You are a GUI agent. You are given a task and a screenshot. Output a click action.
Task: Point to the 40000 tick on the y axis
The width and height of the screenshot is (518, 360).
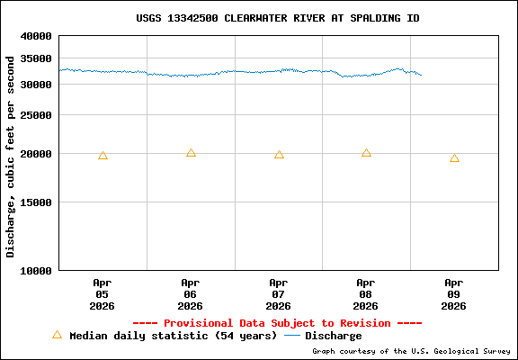click(x=37, y=37)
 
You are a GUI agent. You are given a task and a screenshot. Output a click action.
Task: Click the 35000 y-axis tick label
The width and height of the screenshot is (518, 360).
click(x=37, y=58)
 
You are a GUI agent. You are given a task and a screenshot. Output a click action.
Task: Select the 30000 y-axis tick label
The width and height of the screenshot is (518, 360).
click(x=37, y=85)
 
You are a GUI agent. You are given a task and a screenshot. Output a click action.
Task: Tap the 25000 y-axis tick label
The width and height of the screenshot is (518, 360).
click(x=37, y=115)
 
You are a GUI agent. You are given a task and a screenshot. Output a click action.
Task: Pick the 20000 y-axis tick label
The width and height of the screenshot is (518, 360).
click(x=37, y=154)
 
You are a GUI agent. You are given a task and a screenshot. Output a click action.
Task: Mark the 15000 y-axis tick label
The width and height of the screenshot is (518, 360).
click(x=37, y=202)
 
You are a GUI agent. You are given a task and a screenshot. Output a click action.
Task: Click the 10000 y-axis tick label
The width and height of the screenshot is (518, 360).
click(x=37, y=270)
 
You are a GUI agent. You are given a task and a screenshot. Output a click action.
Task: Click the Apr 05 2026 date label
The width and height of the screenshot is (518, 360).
click(x=103, y=293)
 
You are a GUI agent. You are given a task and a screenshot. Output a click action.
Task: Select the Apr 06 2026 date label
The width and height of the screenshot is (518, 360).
click(x=191, y=293)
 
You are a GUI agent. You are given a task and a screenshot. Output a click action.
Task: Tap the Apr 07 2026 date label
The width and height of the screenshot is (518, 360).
click(x=279, y=293)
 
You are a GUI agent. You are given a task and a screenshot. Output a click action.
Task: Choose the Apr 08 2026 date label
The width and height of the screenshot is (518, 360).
click(x=366, y=293)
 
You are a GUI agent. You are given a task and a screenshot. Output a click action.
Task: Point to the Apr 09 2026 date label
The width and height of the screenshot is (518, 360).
click(x=454, y=293)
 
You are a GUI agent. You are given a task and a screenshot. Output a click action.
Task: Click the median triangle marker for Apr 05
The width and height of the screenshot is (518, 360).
click(x=103, y=156)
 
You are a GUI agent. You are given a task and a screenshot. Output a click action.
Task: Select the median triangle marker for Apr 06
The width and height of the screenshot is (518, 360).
click(x=191, y=153)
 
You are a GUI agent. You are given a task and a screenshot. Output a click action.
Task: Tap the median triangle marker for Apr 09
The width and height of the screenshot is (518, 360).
click(x=454, y=158)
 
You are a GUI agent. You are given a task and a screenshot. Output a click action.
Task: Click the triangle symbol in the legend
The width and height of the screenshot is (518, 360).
click(x=57, y=335)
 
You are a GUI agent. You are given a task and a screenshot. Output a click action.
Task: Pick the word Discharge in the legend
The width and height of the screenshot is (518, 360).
click(x=334, y=336)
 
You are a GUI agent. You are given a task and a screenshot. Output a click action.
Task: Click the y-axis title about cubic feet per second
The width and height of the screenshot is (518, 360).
click(x=11, y=157)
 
